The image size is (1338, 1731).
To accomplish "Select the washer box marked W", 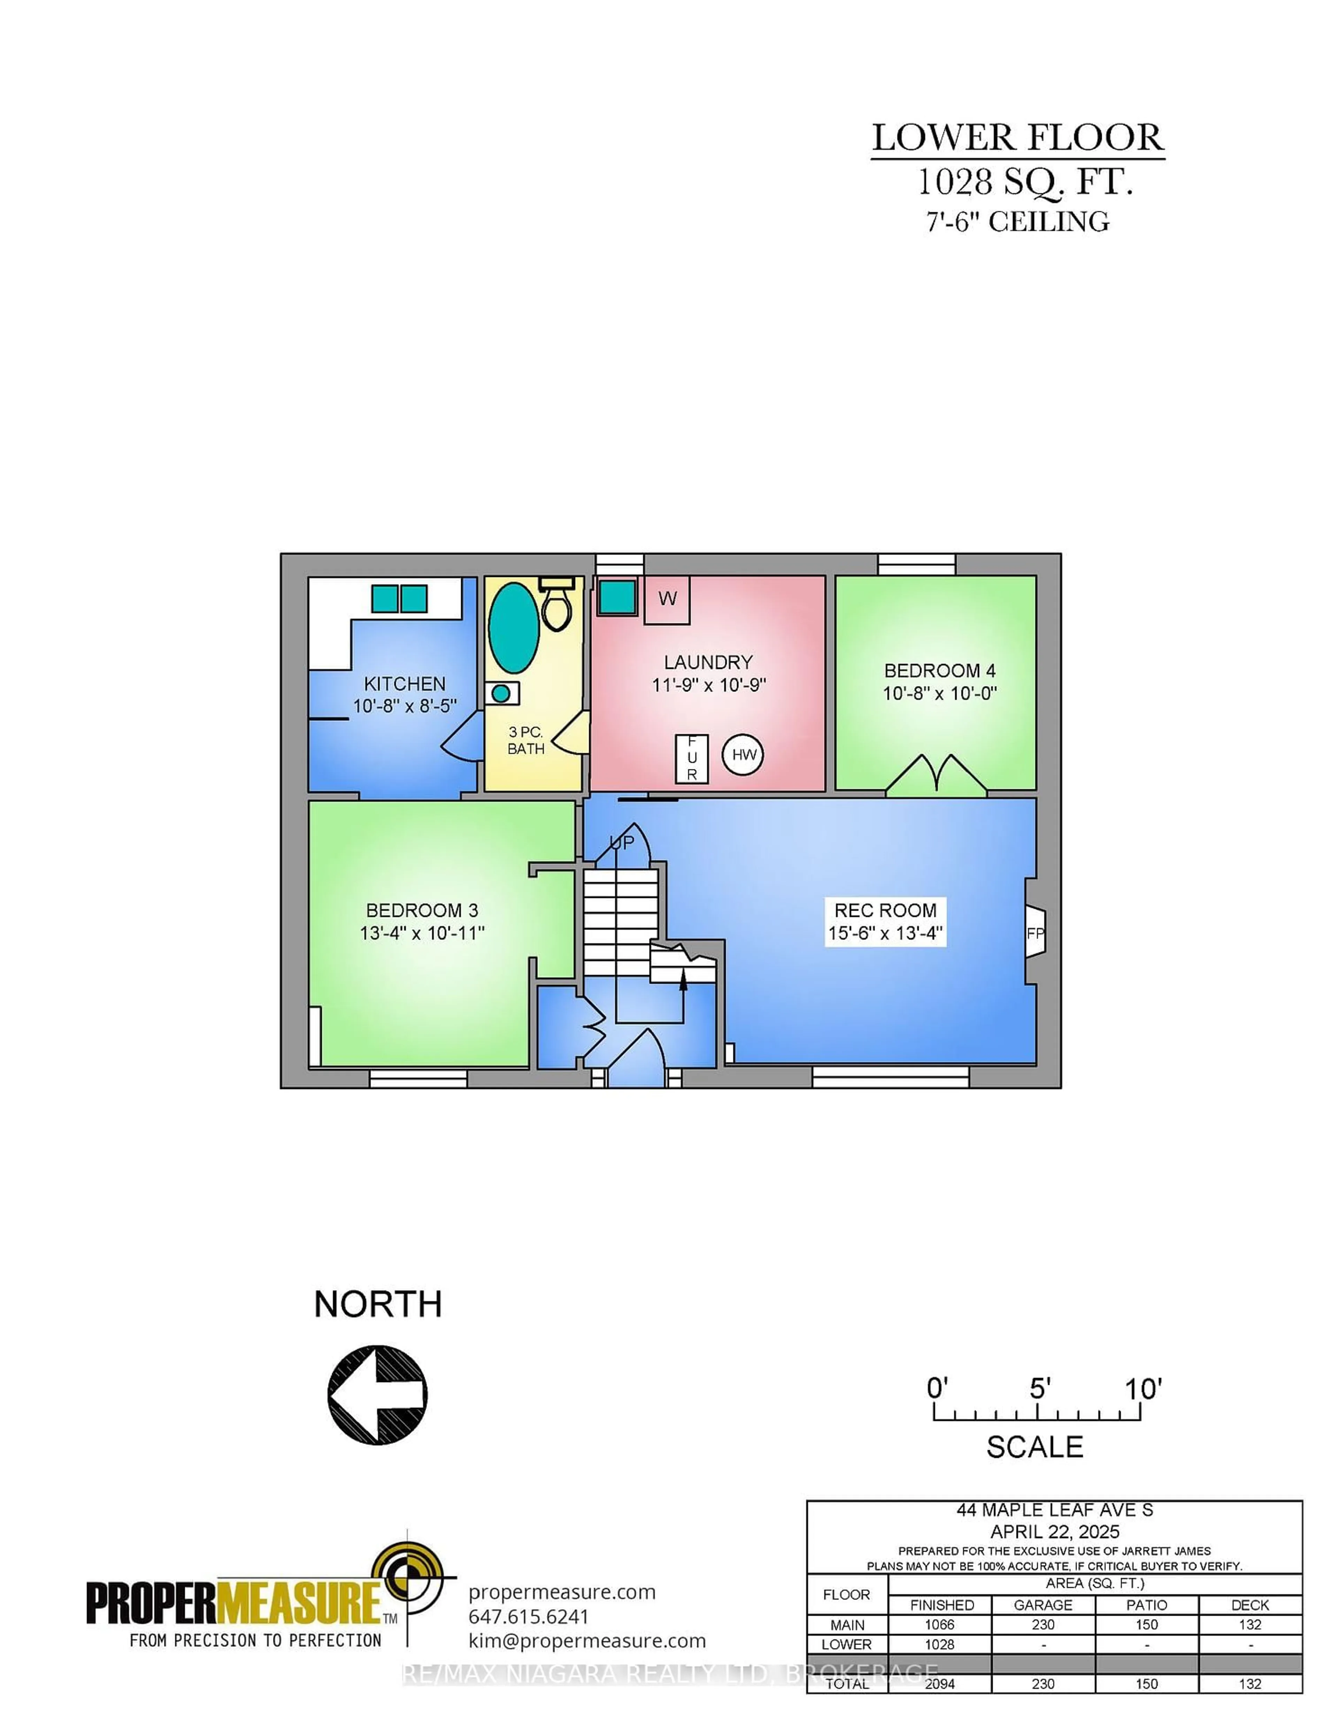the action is (667, 599).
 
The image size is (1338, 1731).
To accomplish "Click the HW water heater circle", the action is (743, 755).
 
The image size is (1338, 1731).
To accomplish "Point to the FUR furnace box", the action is (691, 759).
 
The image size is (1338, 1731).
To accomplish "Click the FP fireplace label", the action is (1035, 934).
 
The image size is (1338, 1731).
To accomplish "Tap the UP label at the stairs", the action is (622, 843).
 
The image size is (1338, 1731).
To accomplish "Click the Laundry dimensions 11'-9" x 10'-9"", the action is (709, 685).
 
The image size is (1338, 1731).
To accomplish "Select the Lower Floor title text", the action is (1018, 138).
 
